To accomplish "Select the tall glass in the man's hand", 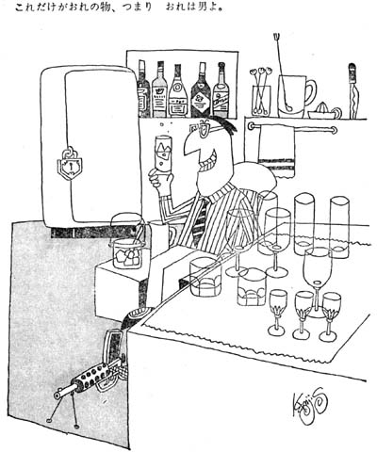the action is pos(163,153).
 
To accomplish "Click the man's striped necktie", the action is pos(200,222).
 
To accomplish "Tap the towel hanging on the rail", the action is pos(276,151).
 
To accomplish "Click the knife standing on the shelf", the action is pos(353,91).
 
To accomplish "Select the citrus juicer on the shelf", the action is pos(324,111).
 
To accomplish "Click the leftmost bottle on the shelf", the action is pos(143,89).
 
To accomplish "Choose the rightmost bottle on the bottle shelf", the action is pos(221,90).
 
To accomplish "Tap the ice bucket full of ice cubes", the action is pos(128,253).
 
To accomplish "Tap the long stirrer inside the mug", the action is pos(282,73).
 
